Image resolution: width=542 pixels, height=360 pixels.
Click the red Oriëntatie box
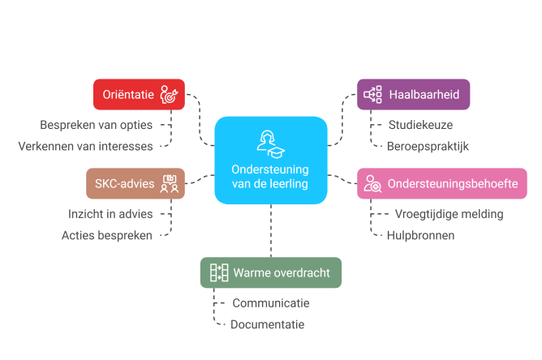coord(138,95)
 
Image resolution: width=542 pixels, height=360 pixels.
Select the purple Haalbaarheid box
coord(412,95)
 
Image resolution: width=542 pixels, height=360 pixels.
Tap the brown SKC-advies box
coord(135,184)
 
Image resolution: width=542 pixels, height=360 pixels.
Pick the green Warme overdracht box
coord(270,272)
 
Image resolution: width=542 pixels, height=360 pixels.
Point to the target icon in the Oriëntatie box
coord(169,95)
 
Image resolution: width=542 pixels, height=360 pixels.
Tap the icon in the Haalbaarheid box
coord(372,95)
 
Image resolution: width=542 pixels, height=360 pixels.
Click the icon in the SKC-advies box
coord(169,184)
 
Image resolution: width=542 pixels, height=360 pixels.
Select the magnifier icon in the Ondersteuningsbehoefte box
coord(372,185)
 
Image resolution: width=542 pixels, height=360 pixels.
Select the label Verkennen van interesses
coord(85,146)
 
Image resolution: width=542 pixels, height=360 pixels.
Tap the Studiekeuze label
coord(419,126)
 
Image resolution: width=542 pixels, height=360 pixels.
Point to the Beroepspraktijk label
coord(427,146)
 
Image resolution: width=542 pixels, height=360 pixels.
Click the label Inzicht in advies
coord(110,215)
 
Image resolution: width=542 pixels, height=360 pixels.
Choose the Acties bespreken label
coord(107,235)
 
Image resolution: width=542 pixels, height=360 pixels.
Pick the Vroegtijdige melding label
coord(448,215)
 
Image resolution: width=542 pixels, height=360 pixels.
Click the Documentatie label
coord(267,324)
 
